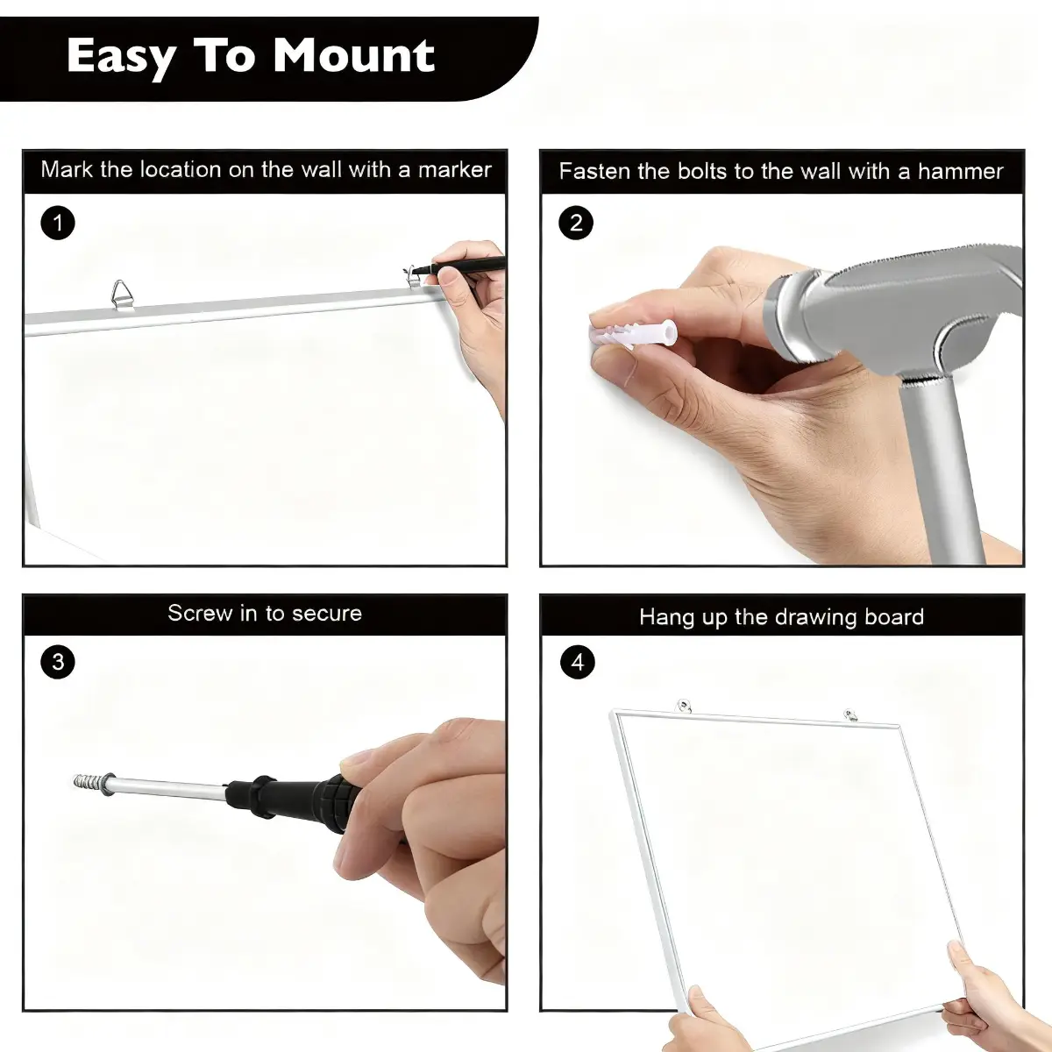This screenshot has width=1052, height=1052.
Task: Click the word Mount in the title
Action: pos(354,56)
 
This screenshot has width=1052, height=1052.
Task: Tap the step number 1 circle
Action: pos(58,223)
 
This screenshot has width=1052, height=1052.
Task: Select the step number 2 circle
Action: pos(576,223)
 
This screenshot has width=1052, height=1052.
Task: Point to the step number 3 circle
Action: pos(58,662)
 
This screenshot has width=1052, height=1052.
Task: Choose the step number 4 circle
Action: pos(578,662)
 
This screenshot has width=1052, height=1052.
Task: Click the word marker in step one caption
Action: pos(455,170)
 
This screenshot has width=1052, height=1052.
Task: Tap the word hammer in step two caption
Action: pos(960,172)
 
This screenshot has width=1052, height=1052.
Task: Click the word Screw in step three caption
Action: pos(200,613)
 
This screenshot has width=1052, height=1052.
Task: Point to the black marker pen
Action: pos(458,267)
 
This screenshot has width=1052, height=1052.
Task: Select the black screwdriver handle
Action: pos(285,798)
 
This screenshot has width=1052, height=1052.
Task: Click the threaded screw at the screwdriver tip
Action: pos(93,780)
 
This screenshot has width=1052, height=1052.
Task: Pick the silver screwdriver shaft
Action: pos(170,786)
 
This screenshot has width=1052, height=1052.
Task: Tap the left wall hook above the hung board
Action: pos(684,706)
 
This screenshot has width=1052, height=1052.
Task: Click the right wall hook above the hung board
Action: pos(850,714)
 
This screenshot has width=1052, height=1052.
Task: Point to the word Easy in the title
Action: pos(122,57)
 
